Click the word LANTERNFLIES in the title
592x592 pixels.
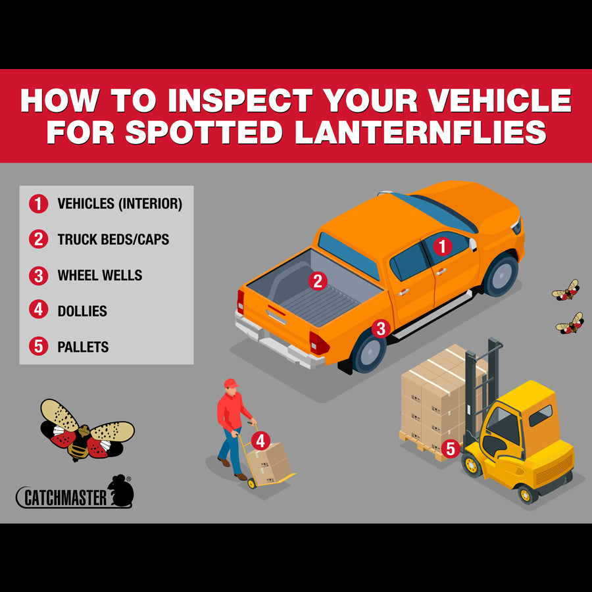coord(420,132)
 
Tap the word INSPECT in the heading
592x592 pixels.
coord(241,100)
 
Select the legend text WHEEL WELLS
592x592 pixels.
coord(100,275)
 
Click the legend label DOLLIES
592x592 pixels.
coord(82,310)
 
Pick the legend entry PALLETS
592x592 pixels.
coord(83,347)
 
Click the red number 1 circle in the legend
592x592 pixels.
coord(39,204)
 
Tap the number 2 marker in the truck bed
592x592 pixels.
coord(318,281)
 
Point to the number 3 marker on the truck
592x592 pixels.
coord(381,328)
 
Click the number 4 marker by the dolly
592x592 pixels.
coord(261,441)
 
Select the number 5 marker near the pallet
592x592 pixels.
coord(451,449)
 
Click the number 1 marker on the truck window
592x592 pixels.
coord(443,247)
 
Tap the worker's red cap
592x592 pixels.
coord(231,383)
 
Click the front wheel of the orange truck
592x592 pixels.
coord(501,274)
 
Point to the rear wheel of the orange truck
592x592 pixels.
coord(368,352)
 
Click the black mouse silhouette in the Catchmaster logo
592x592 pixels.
coord(121,490)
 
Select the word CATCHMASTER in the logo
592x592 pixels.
coord(65,498)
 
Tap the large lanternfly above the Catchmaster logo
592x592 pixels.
coord(87,430)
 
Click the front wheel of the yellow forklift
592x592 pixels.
coord(472,465)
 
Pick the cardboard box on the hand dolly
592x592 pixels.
coord(269,464)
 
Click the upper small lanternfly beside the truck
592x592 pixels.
coord(566,290)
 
